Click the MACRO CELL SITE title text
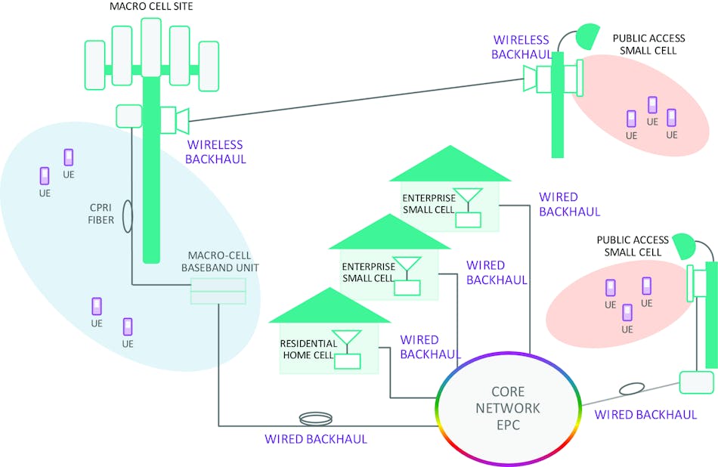pos(152,7)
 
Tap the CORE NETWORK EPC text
pos(506,408)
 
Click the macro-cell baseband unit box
pos(218,291)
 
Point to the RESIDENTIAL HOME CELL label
pos(310,348)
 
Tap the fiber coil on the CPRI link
pos(126,215)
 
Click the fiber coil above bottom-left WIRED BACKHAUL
pos(315,417)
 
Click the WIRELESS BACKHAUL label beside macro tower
pos(216,151)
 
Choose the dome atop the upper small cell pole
pos(587,34)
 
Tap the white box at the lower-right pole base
pos(696,382)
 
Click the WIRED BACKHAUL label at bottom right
pos(645,414)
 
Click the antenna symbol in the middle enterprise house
pos(409,268)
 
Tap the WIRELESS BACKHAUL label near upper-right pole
pos(521,46)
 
